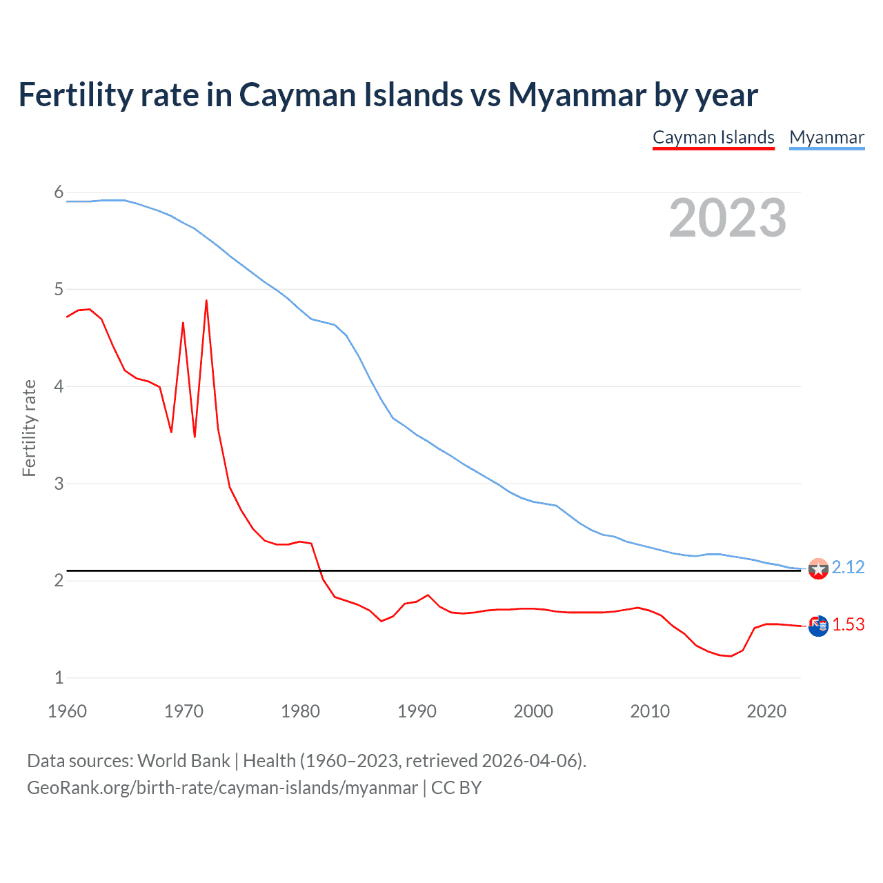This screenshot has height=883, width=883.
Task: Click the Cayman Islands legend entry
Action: click(713, 137)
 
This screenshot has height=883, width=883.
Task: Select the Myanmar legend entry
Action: click(826, 137)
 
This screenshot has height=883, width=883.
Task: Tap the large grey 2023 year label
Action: click(728, 218)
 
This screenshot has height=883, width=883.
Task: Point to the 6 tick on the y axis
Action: click(59, 192)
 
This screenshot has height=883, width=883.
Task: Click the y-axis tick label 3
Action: click(59, 484)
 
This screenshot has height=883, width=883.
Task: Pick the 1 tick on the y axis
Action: click(59, 677)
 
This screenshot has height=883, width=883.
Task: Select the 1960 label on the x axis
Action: click(67, 711)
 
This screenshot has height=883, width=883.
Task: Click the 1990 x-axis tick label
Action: click(417, 711)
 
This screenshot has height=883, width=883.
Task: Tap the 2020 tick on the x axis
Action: click(766, 711)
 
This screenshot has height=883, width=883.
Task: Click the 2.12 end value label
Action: click(848, 567)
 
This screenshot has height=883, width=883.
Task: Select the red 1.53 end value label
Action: click(848, 624)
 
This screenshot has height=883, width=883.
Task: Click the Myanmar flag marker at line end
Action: click(818, 569)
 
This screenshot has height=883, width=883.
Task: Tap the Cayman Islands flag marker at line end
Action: click(818, 626)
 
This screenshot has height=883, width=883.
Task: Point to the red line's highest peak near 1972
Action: click(206, 301)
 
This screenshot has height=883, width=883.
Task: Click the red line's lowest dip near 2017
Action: click(731, 656)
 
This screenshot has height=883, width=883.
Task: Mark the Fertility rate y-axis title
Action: click(29, 428)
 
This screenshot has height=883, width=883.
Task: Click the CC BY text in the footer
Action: click(456, 788)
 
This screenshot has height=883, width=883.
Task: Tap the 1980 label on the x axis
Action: click(300, 711)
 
